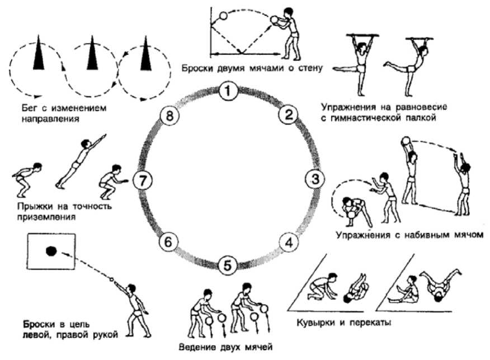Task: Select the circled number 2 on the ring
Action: [x=288, y=115]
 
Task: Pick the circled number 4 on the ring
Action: [x=288, y=243]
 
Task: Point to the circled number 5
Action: [x=226, y=265]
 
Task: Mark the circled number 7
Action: [x=144, y=181]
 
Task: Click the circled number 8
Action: [x=166, y=116]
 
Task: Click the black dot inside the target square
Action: [x=50, y=251]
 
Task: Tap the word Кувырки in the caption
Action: [x=317, y=323]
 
